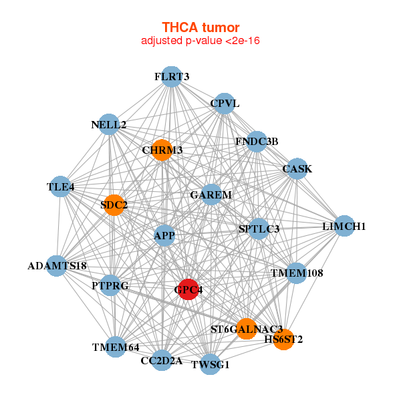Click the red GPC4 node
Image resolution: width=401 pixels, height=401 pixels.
(x=188, y=289)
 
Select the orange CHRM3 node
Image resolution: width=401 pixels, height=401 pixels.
(x=161, y=150)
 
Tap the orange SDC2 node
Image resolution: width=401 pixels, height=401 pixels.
(x=114, y=205)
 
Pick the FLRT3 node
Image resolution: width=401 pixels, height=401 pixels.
(x=172, y=77)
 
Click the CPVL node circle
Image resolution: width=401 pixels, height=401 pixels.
(x=225, y=104)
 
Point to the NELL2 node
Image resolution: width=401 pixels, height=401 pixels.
(x=109, y=124)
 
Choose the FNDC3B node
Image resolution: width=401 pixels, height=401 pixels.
(x=257, y=142)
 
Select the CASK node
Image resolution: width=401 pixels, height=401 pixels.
(x=297, y=169)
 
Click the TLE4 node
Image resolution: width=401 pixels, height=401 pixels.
(x=61, y=187)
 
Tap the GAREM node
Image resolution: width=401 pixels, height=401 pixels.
(x=211, y=195)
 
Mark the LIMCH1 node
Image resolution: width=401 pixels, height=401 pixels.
(x=344, y=226)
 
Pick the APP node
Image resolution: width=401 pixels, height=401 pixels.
(x=164, y=235)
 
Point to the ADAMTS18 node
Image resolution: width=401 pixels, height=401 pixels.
(x=57, y=266)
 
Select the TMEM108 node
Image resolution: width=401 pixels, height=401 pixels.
(x=297, y=273)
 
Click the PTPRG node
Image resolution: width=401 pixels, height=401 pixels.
(x=110, y=286)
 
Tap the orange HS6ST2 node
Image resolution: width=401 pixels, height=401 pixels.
(x=283, y=339)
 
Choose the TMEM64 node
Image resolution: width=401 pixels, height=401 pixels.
(x=116, y=347)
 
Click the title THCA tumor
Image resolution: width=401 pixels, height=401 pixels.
(x=200, y=27)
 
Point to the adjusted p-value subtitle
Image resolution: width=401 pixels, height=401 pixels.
(x=200, y=41)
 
